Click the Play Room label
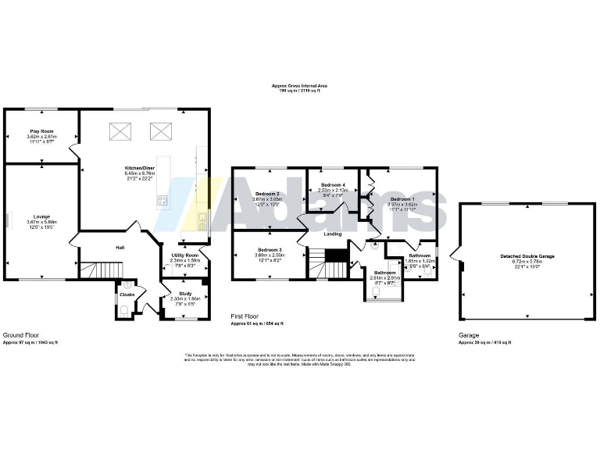tap(41, 131)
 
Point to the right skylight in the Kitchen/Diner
tap(160, 130)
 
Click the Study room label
tap(184, 293)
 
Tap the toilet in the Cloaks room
tap(125, 310)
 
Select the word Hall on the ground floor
tap(120, 248)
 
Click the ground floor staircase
tap(92, 270)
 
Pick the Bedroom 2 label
tap(268, 193)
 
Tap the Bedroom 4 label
tap(331, 184)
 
